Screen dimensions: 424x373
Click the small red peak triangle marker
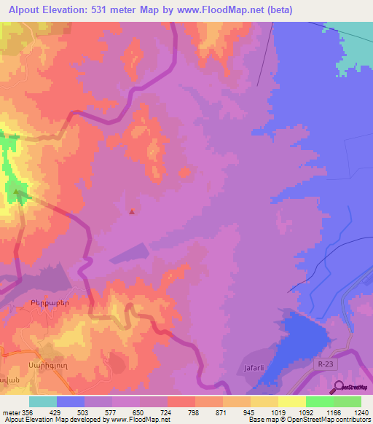[x=131, y=213]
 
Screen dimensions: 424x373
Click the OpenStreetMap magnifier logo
[x=338, y=387]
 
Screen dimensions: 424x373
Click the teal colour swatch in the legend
[x=42, y=401]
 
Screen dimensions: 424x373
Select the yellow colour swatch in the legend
[x=291, y=401]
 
